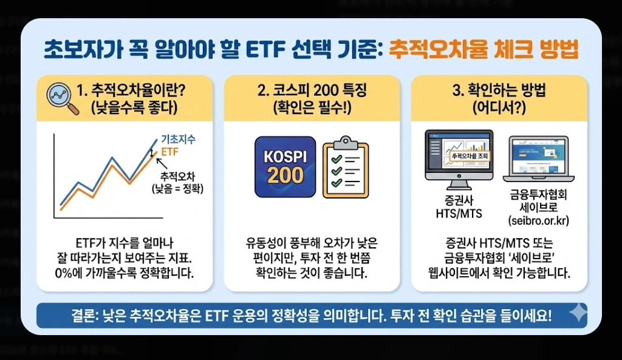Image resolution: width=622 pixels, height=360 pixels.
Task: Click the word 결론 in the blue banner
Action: (84, 316)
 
